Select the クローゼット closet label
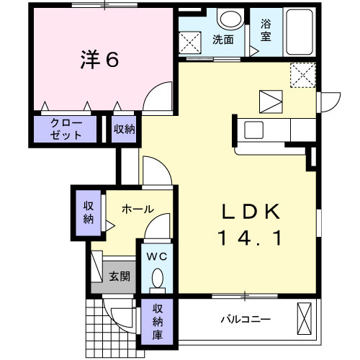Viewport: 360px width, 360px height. [66, 130]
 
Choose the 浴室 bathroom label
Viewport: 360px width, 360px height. [266, 30]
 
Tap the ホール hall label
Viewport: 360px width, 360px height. [137, 210]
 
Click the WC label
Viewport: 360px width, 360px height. [158, 256]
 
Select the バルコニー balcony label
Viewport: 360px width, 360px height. [246, 318]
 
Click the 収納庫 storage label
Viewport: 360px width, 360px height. [158, 321]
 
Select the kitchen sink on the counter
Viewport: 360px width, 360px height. [256, 130]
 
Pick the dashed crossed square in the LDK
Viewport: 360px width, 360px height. [302, 74]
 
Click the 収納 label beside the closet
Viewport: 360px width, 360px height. [124, 130]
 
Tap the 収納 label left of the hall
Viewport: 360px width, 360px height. [89, 212]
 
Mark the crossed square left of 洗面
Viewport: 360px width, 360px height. [192, 44]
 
